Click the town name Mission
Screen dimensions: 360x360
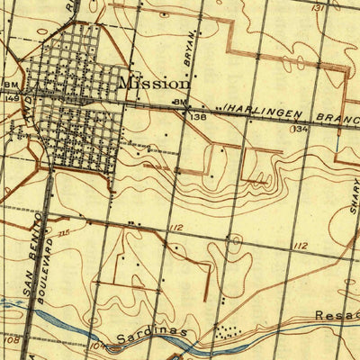154,82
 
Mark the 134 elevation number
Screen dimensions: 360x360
300,130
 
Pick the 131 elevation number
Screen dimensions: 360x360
317,7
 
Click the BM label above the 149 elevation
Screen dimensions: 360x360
11,85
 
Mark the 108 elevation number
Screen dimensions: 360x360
12,341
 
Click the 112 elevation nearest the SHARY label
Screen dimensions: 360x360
300,246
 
